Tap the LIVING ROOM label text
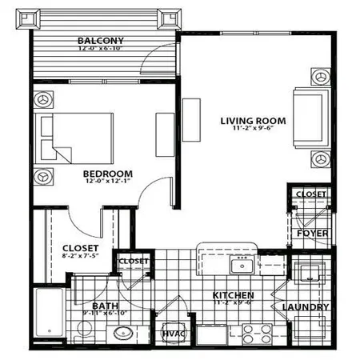click(254, 121)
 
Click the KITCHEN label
click(234, 295)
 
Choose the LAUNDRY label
click(305, 307)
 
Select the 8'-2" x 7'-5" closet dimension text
click(79, 258)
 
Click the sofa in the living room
click(310, 117)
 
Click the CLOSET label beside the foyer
click(310, 194)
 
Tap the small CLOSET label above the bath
click(132, 262)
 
